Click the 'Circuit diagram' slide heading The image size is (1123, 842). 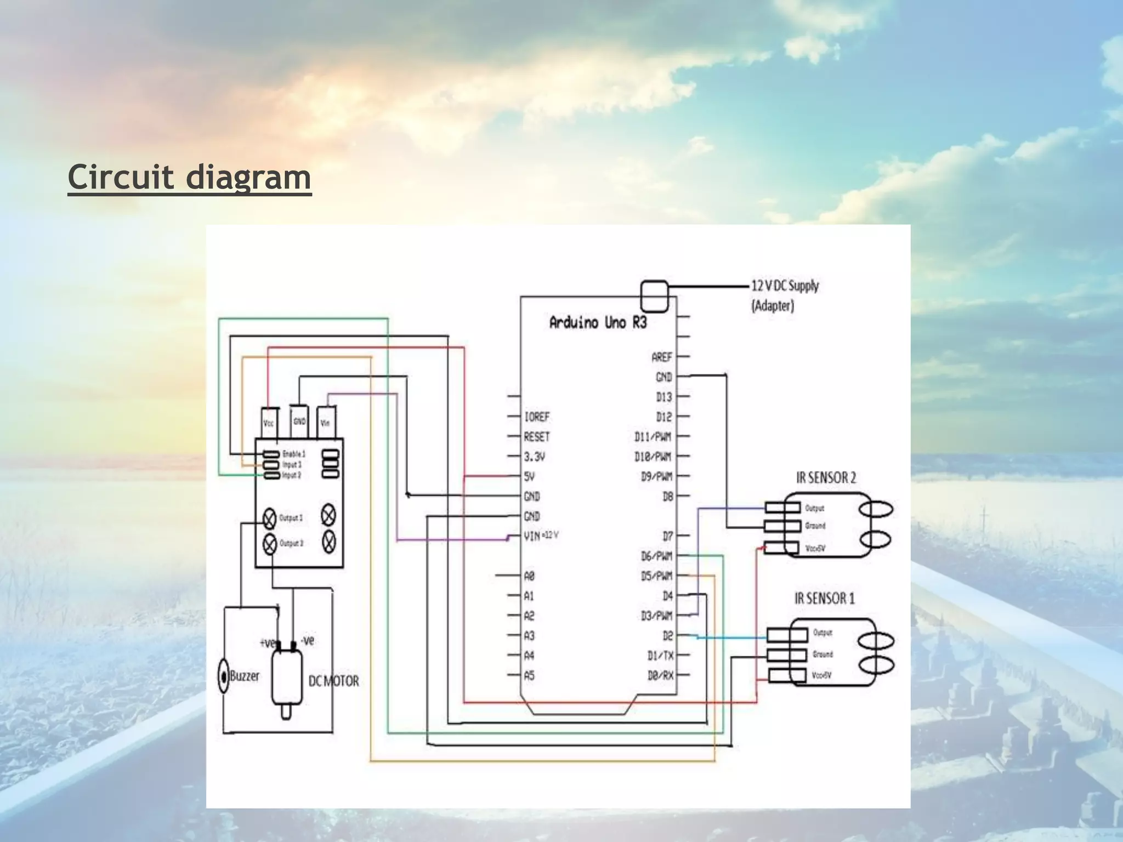[189, 178]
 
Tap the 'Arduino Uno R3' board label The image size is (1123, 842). [598, 322]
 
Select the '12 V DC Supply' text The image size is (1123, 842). [785, 286]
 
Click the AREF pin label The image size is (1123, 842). [662, 357]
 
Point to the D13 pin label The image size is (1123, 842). [663, 397]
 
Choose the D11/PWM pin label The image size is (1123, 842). [653, 437]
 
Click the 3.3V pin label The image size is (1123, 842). [534, 457]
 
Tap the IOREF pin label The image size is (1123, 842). [536, 417]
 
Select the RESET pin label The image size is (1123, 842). [536, 437]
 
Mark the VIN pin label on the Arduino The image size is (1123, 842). [532, 536]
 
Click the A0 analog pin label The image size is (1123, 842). [529, 576]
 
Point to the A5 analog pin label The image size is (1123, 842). [529, 676]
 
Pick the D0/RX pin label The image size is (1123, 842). [660, 676]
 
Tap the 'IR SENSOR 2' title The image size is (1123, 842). [826, 478]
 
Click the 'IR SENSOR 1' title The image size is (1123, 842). [824, 599]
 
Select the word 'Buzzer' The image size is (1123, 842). [245, 676]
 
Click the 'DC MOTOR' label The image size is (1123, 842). [333, 681]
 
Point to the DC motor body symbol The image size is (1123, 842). [287, 679]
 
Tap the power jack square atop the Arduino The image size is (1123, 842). [654, 296]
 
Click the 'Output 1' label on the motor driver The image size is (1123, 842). [291, 517]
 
